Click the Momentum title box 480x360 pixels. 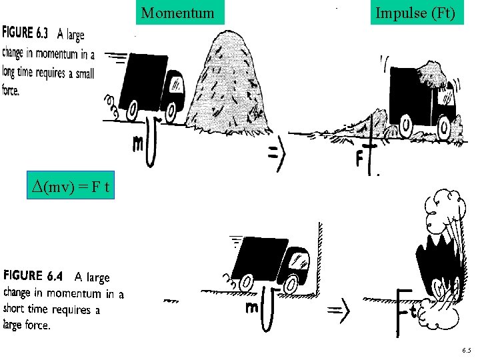178,13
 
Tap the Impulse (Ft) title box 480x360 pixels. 415,13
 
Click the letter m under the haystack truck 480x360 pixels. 137,143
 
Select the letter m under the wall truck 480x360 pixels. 252,307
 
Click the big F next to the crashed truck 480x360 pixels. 402,310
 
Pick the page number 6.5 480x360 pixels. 465,350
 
